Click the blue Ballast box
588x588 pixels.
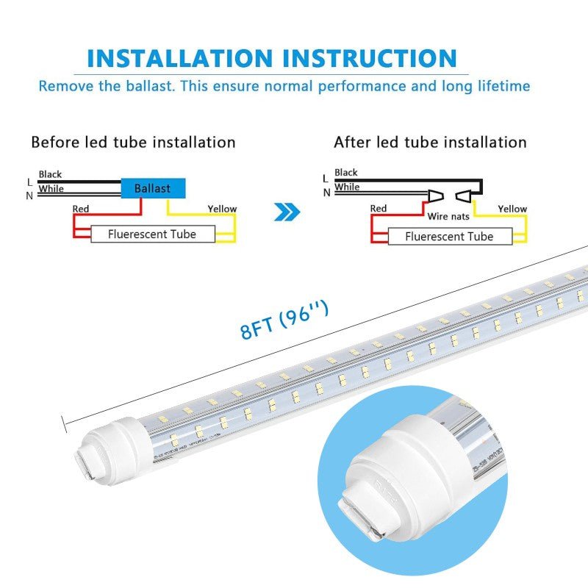coord(152,189)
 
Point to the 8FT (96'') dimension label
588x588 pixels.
coord(284,320)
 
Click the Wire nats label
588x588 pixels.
coord(448,217)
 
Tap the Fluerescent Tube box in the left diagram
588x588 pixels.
coord(152,234)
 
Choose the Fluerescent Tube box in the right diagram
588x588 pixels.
coord(449,237)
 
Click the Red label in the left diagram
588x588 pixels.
coord(81,209)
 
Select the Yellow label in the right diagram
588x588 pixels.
coord(512,209)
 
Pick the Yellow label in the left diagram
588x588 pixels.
coord(222,209)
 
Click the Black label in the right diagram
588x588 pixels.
coord(346,173)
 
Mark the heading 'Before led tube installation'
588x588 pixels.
coord(133,142)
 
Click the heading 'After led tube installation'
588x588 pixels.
coord(430,142)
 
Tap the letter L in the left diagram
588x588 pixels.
coord(29,182)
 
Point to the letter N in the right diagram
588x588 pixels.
coord(326,193)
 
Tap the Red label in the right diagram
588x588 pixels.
coord(379,209)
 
